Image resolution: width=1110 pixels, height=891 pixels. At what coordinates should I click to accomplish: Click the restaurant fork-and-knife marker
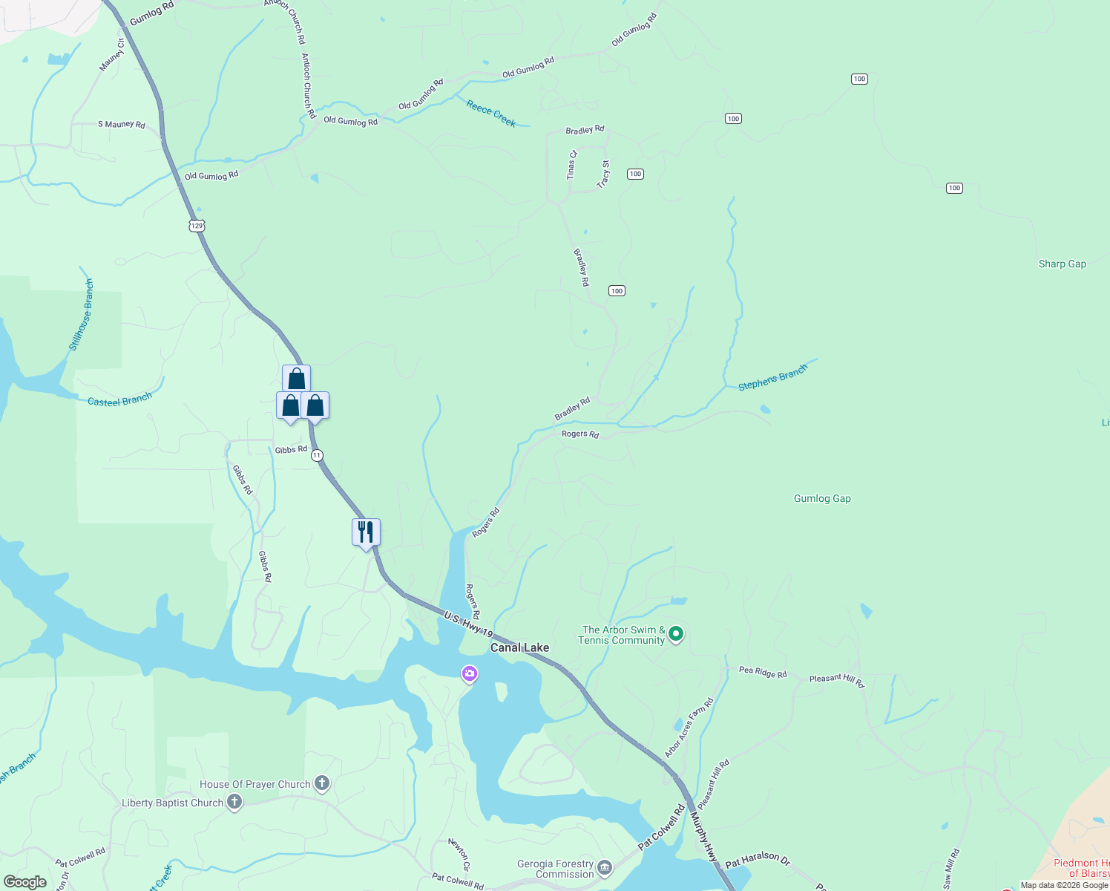tap(366, 532)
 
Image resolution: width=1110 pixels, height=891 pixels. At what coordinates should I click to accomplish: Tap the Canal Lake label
tap(519, 647)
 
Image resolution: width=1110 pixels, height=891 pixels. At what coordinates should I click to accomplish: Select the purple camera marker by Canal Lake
tap(469, 674)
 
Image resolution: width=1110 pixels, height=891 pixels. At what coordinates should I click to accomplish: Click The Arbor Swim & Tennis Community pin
tap(675, 634)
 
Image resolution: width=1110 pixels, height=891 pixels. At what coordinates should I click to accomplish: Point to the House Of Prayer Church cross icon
tap(322, 783)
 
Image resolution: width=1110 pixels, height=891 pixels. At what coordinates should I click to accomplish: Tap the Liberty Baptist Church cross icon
tap(234, 802)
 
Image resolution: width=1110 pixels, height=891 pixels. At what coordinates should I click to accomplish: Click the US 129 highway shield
tap(196, 226)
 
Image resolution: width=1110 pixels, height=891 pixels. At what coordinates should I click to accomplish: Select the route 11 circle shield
tap(317, 455)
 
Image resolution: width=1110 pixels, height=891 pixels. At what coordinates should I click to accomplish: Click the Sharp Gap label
tap(1062, 264)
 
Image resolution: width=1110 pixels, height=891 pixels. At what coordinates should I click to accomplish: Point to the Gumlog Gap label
tap(822, 498)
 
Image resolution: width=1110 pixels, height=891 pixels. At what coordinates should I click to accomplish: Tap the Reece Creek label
tap(490, 114)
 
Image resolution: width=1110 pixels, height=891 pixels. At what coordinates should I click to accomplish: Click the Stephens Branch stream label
tap(772, 378)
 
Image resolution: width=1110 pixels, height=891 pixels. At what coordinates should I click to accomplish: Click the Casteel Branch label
tap(119, 400)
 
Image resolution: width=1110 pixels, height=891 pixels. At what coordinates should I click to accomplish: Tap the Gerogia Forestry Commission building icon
tap(605, 867)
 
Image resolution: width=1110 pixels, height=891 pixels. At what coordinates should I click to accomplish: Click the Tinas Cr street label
tap(571, 165)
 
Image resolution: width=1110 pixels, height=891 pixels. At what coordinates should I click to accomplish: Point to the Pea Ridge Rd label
tap(763, 672)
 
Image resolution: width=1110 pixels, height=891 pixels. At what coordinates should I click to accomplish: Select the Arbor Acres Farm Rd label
tap(689, 728)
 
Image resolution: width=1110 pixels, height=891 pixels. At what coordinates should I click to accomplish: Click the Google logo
tap(25, 882)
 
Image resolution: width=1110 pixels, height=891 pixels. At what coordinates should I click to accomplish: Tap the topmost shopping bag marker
tap(296, 379)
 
